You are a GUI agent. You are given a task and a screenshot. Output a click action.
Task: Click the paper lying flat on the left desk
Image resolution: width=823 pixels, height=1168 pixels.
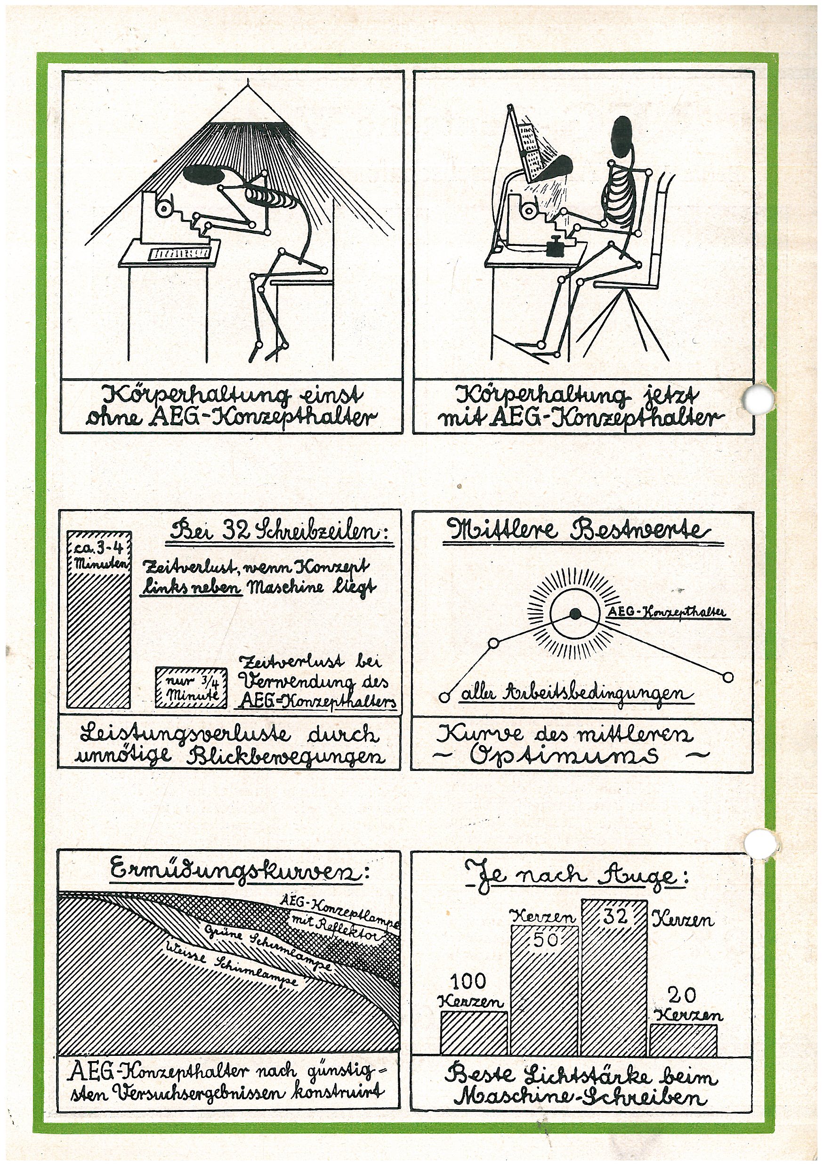pyautogui.click(x=179, y=253)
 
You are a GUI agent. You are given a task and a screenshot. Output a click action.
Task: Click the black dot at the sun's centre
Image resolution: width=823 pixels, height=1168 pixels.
pyautogui.click(x=575, y=614)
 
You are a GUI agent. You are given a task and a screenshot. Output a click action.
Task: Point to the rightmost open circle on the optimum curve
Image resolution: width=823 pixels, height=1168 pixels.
pyautogui.click(x=728, y=677)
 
